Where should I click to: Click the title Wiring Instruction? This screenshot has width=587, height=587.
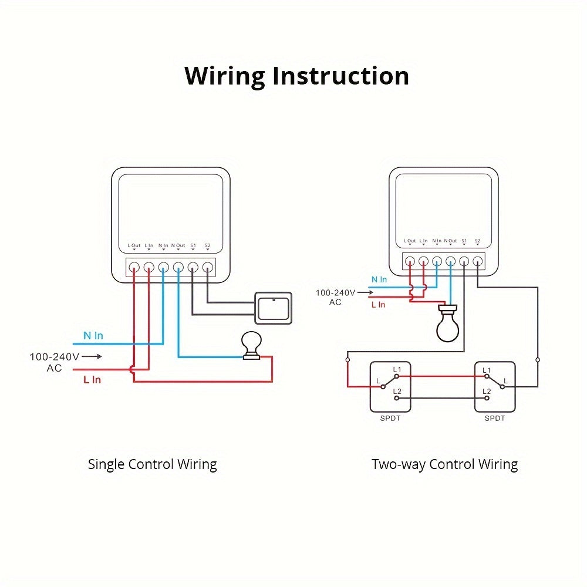click(x=296, y=76)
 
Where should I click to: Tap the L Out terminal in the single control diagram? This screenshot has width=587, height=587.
click(x=134, y=267)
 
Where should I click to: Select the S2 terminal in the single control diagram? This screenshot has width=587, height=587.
click(x=207, y=267)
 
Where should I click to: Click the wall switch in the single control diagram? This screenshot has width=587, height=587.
click(x=273, y=308)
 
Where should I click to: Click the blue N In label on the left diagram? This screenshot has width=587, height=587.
click(x=93, y=336)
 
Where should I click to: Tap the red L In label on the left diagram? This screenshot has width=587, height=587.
click(x=92, y=380)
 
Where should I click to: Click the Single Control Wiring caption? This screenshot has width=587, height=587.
click(x=152, y=464)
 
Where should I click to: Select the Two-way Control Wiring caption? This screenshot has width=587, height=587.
click(x=444, y=464)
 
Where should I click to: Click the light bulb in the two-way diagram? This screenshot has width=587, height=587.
click(x=448, y=325)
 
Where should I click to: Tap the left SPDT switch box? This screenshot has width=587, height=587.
click(x=390, y=386)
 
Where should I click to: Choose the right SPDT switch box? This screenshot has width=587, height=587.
click(x=495, y=386)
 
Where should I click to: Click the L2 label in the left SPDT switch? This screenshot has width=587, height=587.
click(x=397, y=391)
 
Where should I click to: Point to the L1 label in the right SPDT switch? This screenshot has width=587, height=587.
click(x=487, y=370)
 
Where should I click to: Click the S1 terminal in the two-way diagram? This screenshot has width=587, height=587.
click(x=464, y=261)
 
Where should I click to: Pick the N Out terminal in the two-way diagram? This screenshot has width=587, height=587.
click(x=451, y=261)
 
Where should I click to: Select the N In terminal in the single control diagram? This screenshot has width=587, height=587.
click(x=163, y=267)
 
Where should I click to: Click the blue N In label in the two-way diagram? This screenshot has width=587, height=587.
click(x=379, y=280)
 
